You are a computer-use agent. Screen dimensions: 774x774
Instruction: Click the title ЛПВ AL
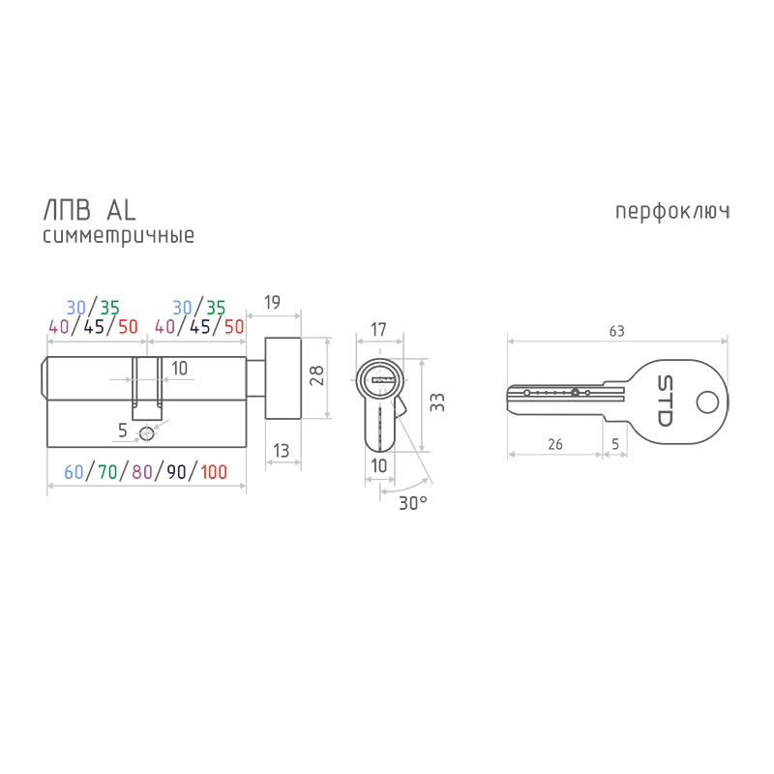(x=89, y=211)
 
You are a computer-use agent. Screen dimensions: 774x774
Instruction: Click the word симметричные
(x=118, y=235)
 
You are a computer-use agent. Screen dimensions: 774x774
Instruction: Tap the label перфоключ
(x=672, y=212)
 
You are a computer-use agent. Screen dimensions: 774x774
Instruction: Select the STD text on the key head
(x=665, y=401)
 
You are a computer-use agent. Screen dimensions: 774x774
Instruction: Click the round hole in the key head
(x=707, y=402)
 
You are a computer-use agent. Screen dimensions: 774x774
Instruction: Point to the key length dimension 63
(x=617, y=331)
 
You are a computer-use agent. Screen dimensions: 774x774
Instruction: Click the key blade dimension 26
(x=555, y=444)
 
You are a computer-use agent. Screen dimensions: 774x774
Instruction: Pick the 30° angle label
(x=413, y=503)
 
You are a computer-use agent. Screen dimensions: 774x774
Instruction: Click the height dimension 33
(x=437, y=402)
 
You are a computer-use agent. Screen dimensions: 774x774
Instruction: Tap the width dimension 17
(x=378, y=329)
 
